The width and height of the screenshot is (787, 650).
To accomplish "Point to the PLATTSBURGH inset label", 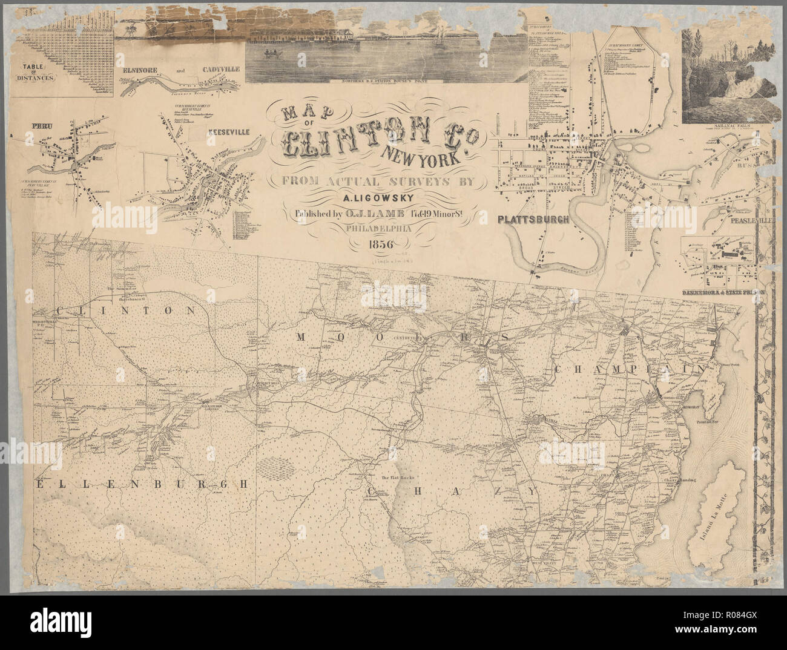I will point(533,220).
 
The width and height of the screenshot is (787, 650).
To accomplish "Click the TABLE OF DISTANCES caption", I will point(36,73).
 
